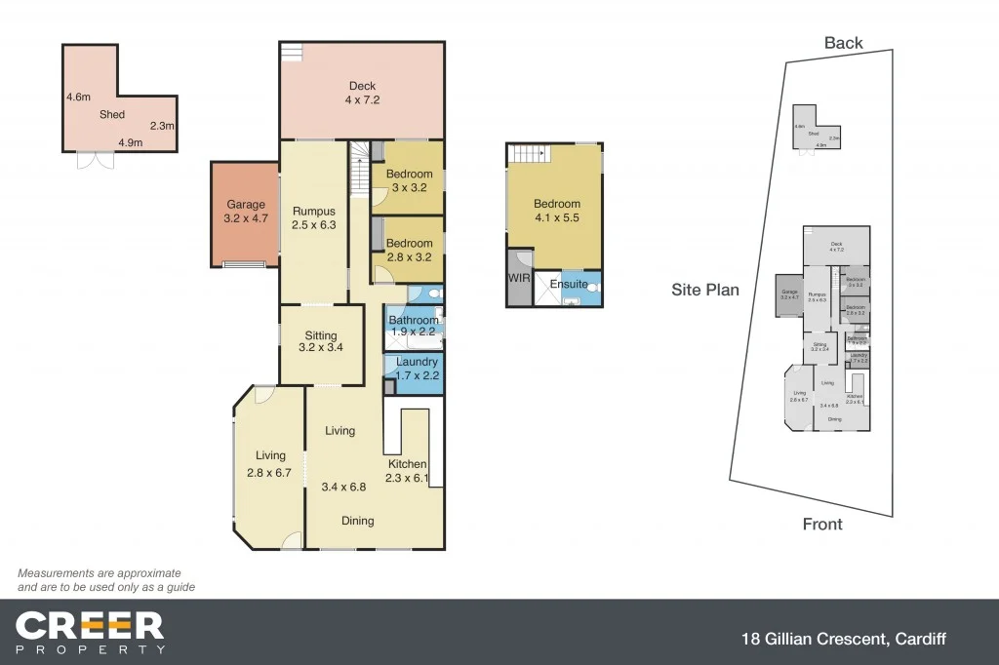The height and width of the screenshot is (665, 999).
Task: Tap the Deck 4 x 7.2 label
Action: (362, 93)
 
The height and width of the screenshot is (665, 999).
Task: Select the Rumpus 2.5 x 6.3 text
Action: (313, 218)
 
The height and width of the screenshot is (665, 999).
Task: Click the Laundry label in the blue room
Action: (417, 362)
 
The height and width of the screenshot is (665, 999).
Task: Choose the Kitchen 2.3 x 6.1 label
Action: (408, 471)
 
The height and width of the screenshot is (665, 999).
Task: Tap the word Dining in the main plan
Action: (358, 521)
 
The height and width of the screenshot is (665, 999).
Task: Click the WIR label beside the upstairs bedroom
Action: (517, 278)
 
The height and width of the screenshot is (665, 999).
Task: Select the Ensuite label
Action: (569, 284)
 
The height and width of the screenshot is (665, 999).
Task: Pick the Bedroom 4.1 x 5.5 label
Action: (556, 212)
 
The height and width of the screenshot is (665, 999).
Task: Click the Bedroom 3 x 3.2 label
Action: (410, 181)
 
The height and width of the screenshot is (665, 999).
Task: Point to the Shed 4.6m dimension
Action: (78, 98)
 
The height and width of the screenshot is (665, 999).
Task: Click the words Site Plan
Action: (704, 290)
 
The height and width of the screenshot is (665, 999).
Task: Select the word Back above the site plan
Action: (843, 43)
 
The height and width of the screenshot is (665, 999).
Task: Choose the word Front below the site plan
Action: (821, 525)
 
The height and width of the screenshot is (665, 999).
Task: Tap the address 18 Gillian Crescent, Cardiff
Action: (841, 640)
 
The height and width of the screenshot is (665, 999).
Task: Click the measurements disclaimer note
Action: (105, 580)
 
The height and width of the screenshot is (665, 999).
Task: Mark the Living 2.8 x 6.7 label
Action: (270, 464)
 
